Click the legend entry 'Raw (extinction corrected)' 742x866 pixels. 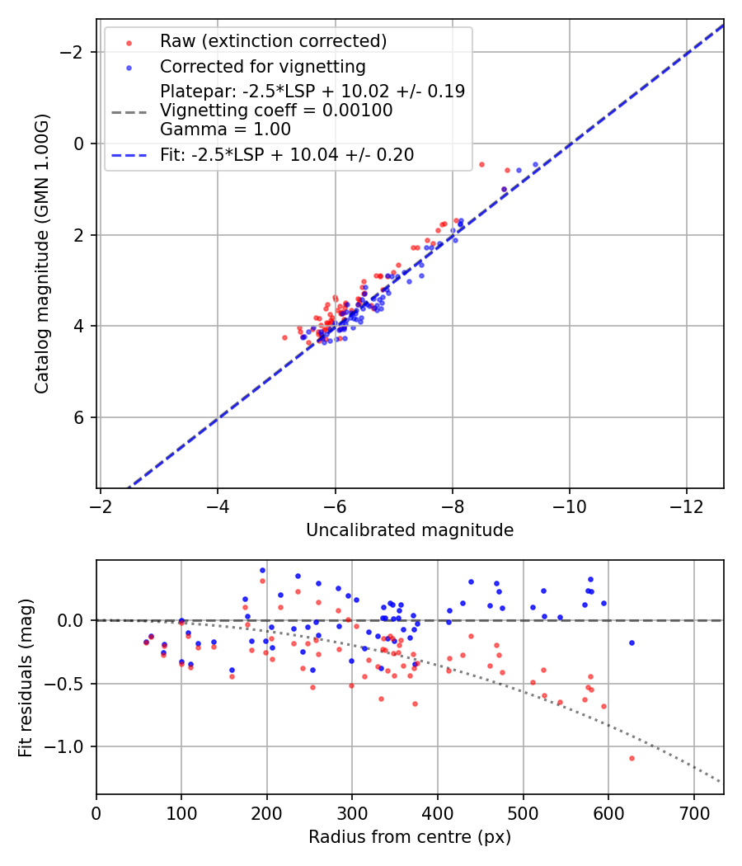[273, 41]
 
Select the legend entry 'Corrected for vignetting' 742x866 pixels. [262, 66]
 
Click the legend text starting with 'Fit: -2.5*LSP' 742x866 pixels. [287, 154]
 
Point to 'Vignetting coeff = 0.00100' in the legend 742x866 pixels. [276, 111]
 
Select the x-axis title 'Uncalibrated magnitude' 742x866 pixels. [410, 530]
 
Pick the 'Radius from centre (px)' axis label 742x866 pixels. [410, 837]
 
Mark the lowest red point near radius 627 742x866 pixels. [632, 758]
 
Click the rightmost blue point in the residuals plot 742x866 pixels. [632, 642]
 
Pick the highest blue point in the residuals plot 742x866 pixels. [262, 570]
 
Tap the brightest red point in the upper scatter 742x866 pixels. [481, 164]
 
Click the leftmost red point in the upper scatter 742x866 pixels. [284, 337]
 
